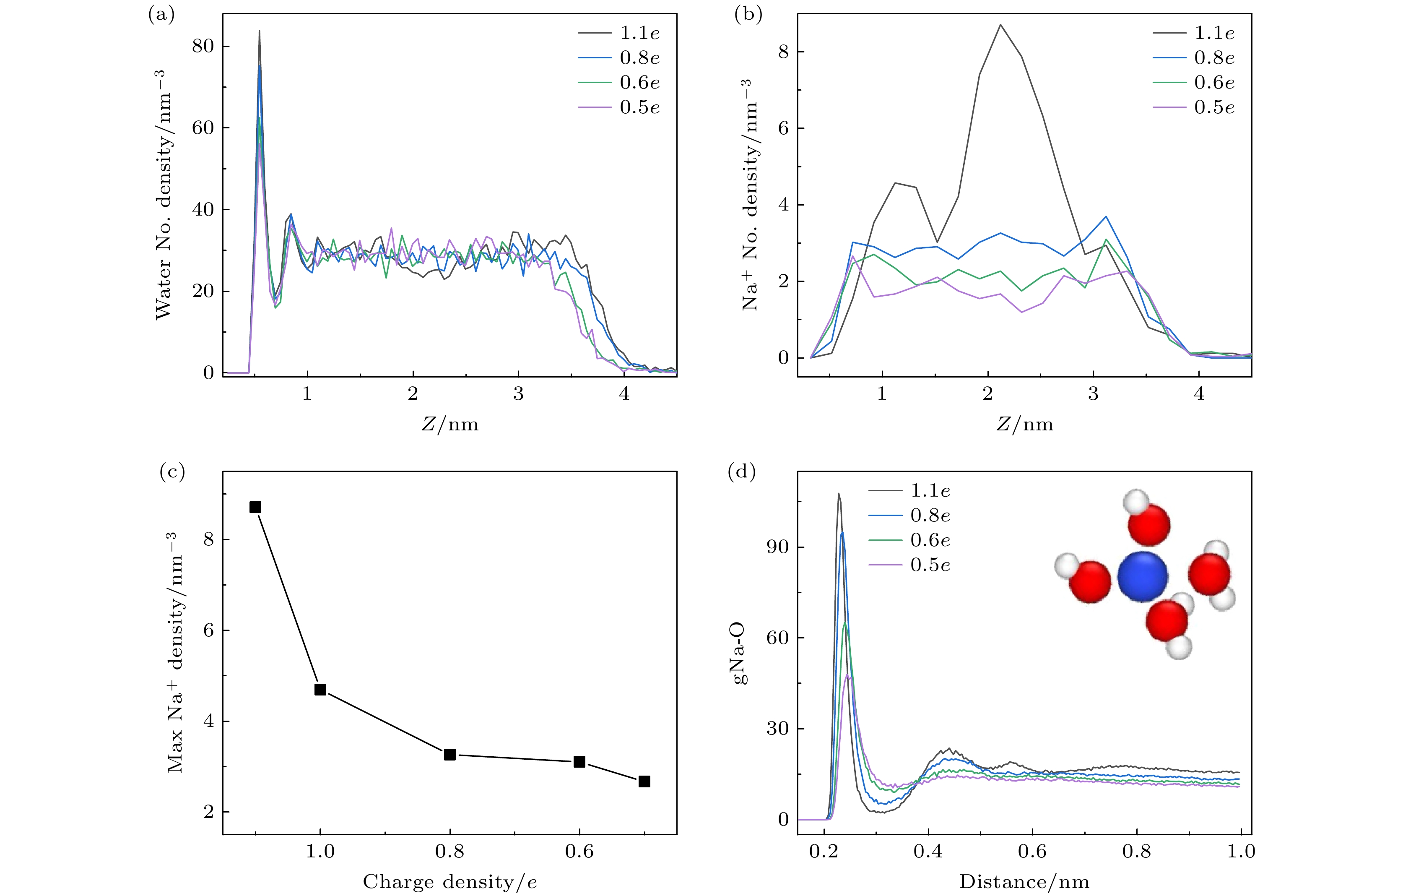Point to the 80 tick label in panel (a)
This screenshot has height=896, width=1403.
(x=203, y=46)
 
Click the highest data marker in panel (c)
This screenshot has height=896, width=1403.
(x=255, y=507)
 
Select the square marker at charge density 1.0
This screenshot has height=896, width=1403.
(x=320, y=690)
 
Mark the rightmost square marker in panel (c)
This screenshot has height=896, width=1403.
(x=644, y=781)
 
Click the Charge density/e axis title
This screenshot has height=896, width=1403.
(x=450, y=881)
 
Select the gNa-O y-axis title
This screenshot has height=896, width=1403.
(x=740, y=653)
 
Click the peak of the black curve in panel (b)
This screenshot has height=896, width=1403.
(x=1000, y=25)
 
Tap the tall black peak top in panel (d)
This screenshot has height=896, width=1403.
(x=839, y=494)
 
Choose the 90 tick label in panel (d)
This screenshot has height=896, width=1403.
(x=777, y=547)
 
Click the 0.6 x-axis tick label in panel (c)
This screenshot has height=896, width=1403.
(x=579, y=852)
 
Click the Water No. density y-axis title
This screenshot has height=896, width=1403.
(x=163, y=195)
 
